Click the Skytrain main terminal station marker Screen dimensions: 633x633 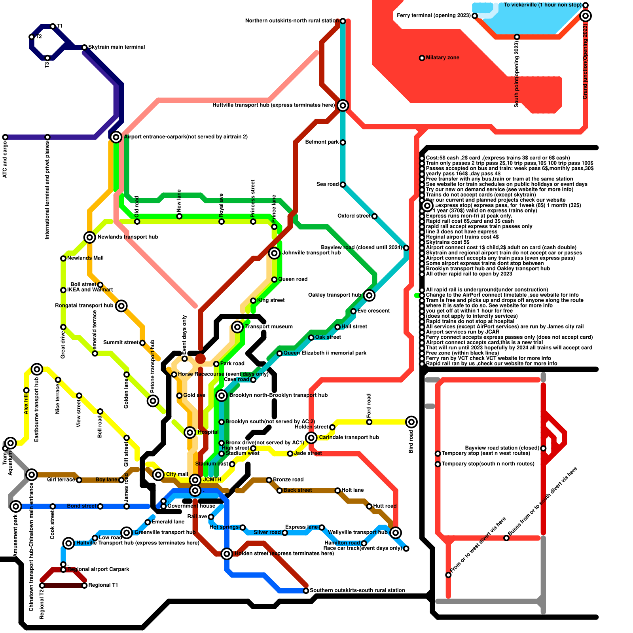[84, 47]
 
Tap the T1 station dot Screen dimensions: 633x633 [53, 26]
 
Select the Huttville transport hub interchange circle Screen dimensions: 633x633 [343, 105]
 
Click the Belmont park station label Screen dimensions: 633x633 [322, 142]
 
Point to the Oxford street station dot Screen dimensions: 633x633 [374, 216]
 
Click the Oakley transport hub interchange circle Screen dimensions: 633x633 [369, 295]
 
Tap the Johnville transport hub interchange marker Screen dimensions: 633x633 [274, 253]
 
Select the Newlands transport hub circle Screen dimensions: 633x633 [90, 237]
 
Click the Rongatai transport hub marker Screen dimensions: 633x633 [121, 306]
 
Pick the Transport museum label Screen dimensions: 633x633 [269, 327]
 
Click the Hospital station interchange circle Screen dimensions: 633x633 [190, 432]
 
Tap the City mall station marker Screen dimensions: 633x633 [158, 475]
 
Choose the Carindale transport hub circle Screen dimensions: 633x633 [311, 438]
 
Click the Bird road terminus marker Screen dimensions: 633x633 [411, 422]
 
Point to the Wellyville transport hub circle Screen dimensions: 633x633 [396, 533]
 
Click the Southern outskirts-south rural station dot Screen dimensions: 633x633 [306, 591]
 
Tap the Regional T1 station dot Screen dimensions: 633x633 [84, 586]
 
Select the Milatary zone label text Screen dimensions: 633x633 [442, 58]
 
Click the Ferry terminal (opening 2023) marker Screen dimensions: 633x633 [475, 16]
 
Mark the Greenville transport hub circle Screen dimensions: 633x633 [127, 533]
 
